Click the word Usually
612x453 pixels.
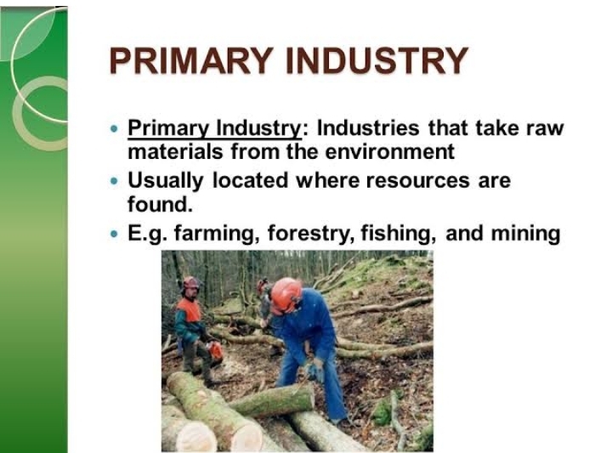point(166,181)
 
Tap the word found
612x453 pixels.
point(158,205)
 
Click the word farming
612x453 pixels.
point(218,233)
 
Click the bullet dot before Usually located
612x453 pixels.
point(116,181)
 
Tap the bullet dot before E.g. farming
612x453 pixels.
point(116,233)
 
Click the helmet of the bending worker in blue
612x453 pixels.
point(286,294)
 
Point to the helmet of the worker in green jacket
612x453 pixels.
point(190,283)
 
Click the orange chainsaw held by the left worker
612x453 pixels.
point(216,349)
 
